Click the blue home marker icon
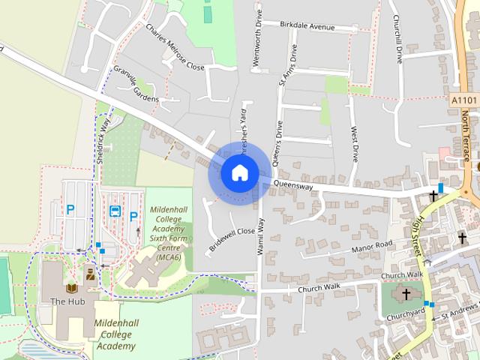click(x=239, y=172)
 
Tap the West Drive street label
click(x=354, y=145)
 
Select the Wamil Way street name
click(x=262, y=236)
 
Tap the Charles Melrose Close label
click(x=175, y=47)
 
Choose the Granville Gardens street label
click(x=136, y=84)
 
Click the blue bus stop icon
click(x=115, y=211)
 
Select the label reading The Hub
click(x=63, y=301)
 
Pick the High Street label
click(x=424, y=238)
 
